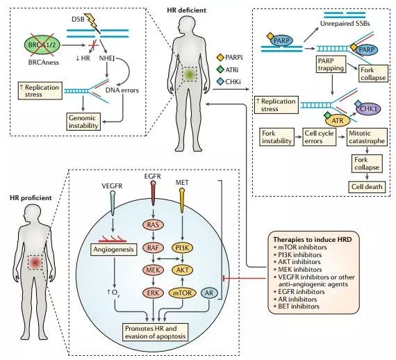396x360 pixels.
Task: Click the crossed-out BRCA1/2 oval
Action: tap(42, 45)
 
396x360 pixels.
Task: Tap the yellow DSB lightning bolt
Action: tap(92, 22)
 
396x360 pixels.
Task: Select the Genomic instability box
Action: tap(83, 122)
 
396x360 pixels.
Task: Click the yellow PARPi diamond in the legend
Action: tap(220, 58)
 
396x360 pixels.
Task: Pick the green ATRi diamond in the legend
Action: tap(220, 69)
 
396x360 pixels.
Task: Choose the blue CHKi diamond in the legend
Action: tap(220, 81)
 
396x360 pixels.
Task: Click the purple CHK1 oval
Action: tap(368, 109)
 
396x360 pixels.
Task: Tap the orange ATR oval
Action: tap(338, 120)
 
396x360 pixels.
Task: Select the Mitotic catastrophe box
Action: tap(367, 137)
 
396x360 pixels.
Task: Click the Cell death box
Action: tap(367, 187)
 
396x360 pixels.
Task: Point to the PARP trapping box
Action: tap(331, 65)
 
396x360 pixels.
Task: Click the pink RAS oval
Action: tap(153, 224)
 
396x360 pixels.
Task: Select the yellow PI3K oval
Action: tap(182, 248)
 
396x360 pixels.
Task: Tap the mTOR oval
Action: tap(182, 293)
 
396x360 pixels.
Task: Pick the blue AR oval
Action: tap(209, 293)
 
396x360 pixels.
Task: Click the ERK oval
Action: tap(153, 293)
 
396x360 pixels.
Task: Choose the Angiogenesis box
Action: tap(113, 249)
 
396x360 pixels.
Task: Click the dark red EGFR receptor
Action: tap(153, 193)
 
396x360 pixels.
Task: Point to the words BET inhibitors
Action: tap(299, 306)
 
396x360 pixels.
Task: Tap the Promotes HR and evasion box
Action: tap(155, 332)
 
